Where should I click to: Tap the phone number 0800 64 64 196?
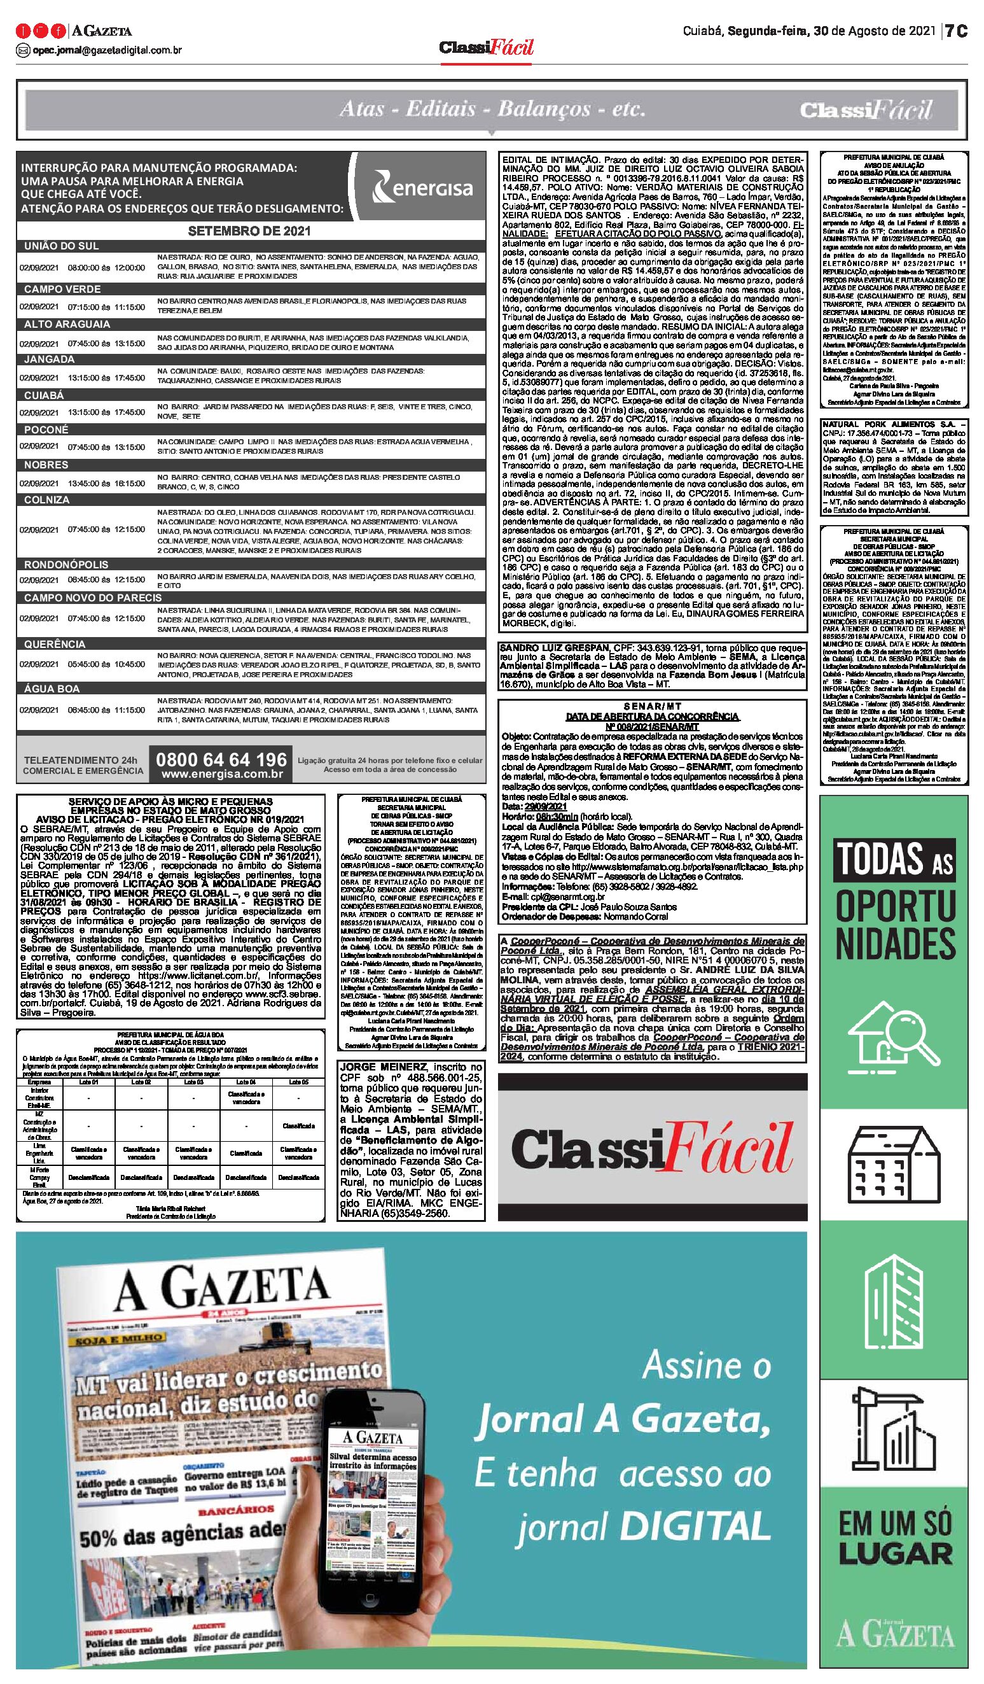click(221, 760)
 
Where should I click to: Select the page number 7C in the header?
click(957, 31)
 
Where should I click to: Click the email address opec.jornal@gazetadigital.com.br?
click(107, 50)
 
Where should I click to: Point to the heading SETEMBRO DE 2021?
click(249, 231)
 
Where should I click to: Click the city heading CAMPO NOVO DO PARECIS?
click(93, 598)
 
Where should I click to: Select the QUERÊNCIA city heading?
click(55, 644)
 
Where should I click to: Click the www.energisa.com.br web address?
click(221, 775)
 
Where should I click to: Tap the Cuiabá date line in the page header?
click(809, 31)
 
